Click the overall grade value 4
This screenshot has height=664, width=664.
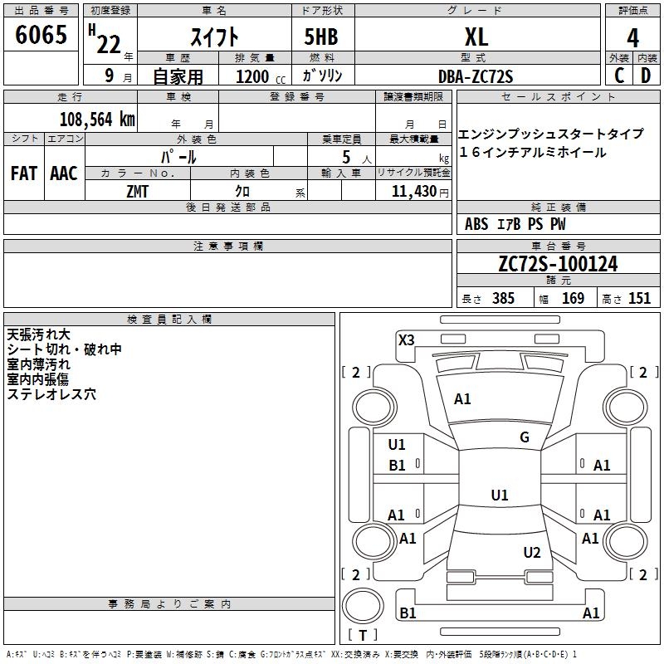pos(633,37)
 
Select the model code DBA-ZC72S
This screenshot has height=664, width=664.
pos(476,76)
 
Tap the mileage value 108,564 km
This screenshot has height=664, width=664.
pos(96,119)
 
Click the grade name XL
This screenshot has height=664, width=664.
pos(476,37)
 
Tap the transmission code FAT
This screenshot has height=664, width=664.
pos(24,173)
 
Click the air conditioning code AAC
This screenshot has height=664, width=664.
pos(64,173)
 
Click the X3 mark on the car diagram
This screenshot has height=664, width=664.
pos(407,339)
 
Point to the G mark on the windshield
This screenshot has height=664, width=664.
pos(524,437)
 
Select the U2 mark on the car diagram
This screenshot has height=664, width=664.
pos(532,553)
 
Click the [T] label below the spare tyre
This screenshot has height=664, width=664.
pos(363,636)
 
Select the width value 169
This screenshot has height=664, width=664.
pos(573,299)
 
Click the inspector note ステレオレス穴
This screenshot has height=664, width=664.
pos(51,395)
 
